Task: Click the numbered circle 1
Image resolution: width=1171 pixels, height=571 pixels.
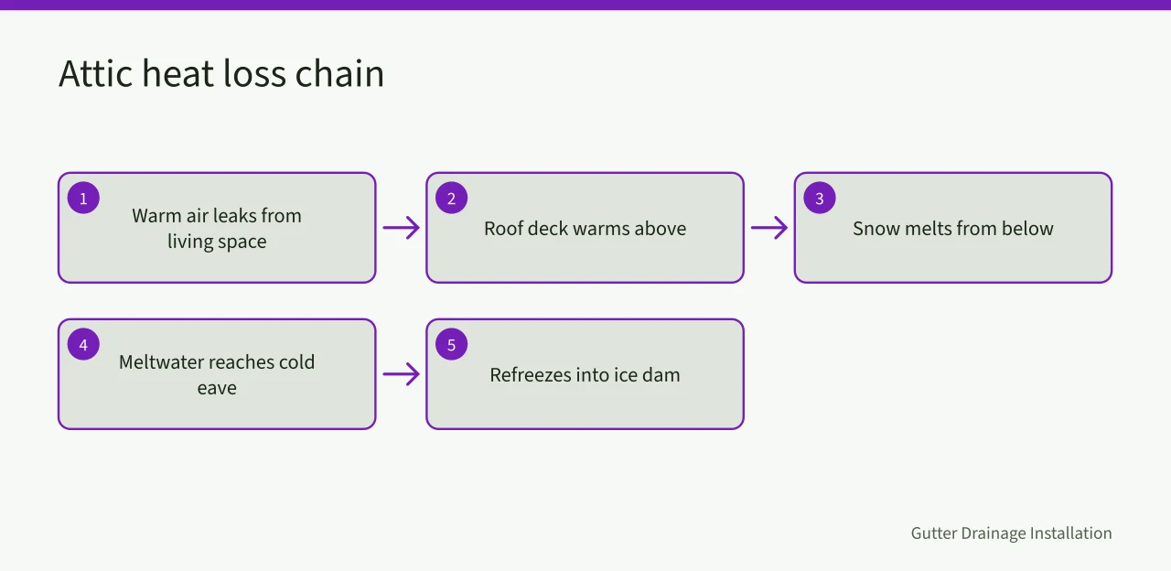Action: (x=83, y=198)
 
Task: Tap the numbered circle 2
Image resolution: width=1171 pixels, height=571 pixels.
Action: (x=452, y=198)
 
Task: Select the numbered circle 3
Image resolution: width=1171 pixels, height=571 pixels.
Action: (x=820, y=198)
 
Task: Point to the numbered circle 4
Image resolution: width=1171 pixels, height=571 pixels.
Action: (x=83, y=344)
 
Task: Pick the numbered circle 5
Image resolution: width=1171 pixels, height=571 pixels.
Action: (x=452, y=344)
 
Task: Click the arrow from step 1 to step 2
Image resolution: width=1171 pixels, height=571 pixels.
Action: (x=402, y=228)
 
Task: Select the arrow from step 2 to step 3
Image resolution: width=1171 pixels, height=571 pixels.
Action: (x=769, y=228)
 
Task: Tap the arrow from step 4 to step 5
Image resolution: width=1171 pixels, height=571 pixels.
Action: (x=402, y=374)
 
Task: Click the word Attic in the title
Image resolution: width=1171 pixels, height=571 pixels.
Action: (x=96, y=73)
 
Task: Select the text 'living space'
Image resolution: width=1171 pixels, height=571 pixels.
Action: (x=217, y=242)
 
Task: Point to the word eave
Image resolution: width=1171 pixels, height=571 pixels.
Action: (x=217, y=389)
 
